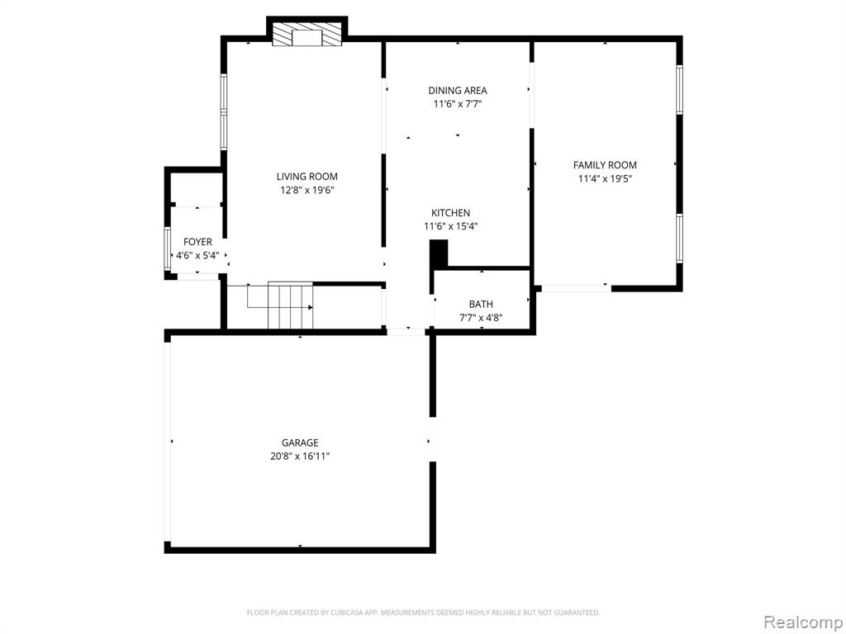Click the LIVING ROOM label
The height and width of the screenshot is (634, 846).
tap(307, 177)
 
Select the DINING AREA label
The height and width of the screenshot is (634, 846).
tap(458, 91)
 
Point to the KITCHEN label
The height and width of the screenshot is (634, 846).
tap(450, 213)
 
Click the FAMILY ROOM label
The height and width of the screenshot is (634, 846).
tap(605, 165)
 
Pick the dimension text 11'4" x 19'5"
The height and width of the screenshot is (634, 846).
tap(605, 178)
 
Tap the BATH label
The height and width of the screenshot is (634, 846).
tap(481, 304)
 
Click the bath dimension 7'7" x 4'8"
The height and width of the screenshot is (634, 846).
tap(481, 318)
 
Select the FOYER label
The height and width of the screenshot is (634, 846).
tap(197, 242)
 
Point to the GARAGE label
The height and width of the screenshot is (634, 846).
tap(300, 442)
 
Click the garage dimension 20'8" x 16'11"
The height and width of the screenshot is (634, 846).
tap(300, 456)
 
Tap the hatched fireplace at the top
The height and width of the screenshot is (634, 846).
tap(307, 35)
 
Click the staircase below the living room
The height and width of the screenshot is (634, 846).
tap(291, 305)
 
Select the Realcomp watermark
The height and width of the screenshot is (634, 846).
tap(802, 622)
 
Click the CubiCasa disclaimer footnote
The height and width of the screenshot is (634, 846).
tap(423, 613)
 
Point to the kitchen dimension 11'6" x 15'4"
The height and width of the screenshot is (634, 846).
tap(450, 226)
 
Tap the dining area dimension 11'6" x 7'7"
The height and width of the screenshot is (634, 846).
tap(458, 104)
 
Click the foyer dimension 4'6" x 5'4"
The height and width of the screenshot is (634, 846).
tap(197, 256)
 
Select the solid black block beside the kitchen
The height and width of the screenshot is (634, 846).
tap(439, 253)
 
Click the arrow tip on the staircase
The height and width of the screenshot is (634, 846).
tap(311, 307)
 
